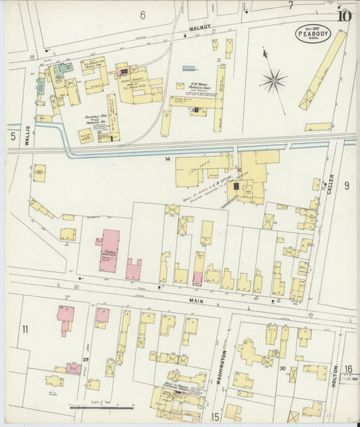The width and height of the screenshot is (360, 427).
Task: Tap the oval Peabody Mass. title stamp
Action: [x=313, y=33]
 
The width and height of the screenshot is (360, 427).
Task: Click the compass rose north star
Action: [x=274, y=81]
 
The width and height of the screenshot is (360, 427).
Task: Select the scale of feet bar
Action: [x=102, y=408]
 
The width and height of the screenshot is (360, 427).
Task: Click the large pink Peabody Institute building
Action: [x=109, y=250]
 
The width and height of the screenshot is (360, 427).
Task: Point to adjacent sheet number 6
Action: [x=143, y=15]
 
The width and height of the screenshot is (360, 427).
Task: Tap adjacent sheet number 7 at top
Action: [x=290, y=6]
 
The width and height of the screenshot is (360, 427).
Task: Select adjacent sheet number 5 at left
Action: [x=12, y=136]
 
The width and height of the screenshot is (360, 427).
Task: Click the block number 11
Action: [x=25, y=329]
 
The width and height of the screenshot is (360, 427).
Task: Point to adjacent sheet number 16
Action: [x=348, y=368]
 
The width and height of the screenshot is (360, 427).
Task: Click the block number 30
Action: [x=283, y=368]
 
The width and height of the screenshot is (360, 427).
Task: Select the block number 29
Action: [x=86, y=359]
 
